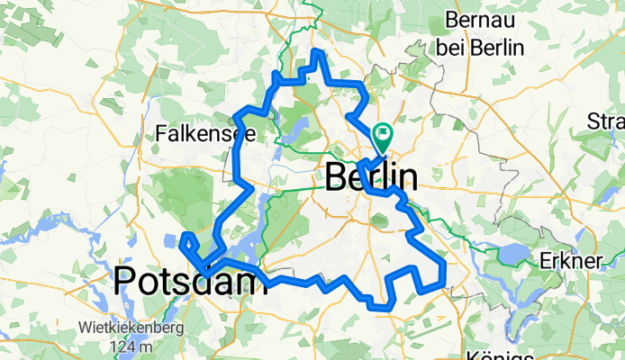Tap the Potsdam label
pyautogui.click(x=191, y=282)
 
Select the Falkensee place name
pyautogui.click(x=206, y=133)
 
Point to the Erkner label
pyautogui.click(x=569, y=261)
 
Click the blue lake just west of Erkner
pyautogui.click(x=514, y=255)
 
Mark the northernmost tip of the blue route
pyautogui.click(x=317, y=51)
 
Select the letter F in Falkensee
pyautogui.click(x=162, y=133)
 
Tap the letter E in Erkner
pyautogui.click(x=543, y=261)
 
